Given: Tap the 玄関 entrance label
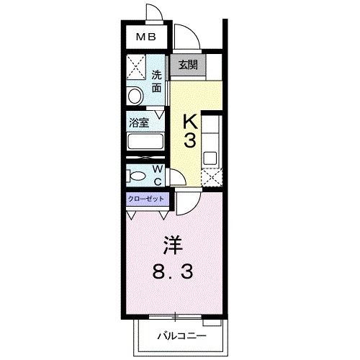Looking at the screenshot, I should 188,66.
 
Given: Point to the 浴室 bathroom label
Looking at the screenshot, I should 139,122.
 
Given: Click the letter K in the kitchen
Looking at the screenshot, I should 188,120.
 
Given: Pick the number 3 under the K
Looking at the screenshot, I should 188,141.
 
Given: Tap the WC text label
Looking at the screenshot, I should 156,175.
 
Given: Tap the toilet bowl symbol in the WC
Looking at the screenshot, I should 136,176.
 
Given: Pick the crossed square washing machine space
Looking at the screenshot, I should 135,68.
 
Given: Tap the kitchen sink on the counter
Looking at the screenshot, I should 210,157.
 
